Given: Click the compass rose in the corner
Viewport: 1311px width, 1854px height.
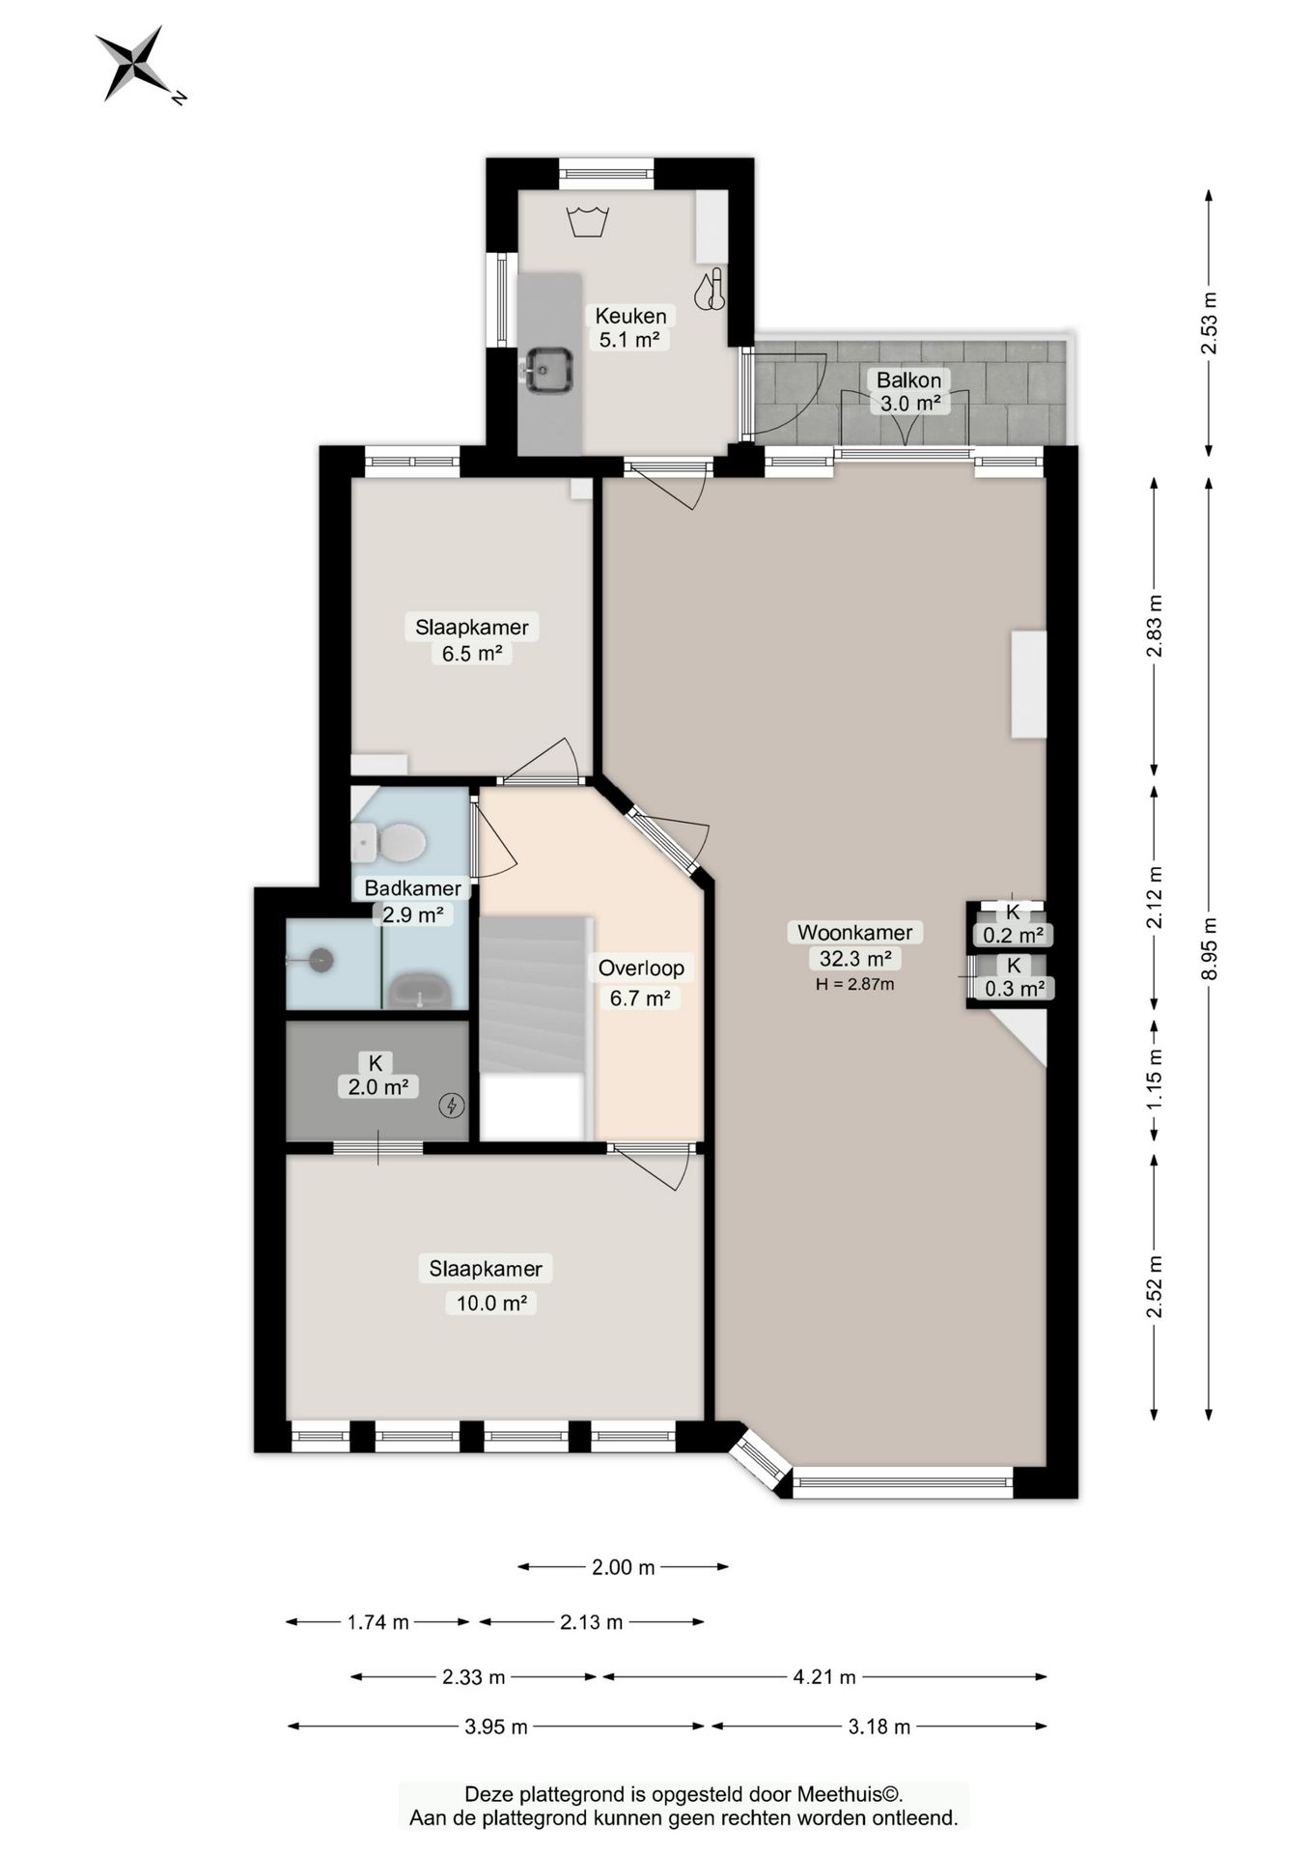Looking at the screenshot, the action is pyautogui.click(x=137, y=65).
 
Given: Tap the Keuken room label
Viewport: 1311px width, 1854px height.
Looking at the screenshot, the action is pyautogui.click(x=630, y=316).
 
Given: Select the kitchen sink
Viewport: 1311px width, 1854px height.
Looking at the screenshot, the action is pyautogui.click(x=548, y=369).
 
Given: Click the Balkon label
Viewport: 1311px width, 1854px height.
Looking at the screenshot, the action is pyautogui.click(x=908, y=379).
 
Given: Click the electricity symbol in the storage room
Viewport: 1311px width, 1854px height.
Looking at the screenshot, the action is pyautogui.click(x=451, y=1106).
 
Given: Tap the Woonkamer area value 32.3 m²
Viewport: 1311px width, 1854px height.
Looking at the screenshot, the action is pyautogui.click(x=854, y=958).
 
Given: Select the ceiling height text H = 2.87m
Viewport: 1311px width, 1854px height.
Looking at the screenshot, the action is pyautogui.click(x=854, y=985).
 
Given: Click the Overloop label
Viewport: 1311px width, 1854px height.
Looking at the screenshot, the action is pyautogui.click(x=641, y=968).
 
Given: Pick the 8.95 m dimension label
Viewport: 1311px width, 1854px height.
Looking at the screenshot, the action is pyautogui.click(x=1209, y=948).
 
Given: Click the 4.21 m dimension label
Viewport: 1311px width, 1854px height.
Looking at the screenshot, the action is pyautogui.click(x=824, y=1677).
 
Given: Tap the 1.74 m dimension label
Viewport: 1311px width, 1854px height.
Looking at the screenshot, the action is pyautogui.click(x=377, y=1622).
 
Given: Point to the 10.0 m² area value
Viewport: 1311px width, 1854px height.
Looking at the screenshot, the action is pyautogui.click(x=491, y=1303).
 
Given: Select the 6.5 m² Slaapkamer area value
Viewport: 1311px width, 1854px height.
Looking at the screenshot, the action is pyautogui.click(x=472, y=653).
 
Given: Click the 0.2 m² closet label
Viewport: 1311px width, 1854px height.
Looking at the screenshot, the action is pyautogui.click(x=1013, y=935).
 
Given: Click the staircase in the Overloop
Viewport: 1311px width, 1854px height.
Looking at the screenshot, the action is pyautogui.click(x=534, y=994).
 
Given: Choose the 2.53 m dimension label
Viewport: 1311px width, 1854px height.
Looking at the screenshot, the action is pyautogui.click(x=1209, y=323).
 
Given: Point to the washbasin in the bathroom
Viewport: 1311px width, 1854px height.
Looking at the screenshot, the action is pyautogui.click(x=420, y=990).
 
